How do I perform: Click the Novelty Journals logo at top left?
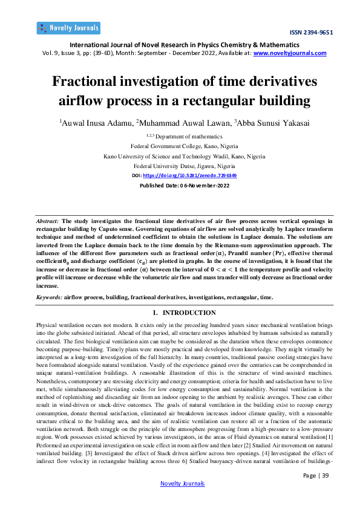(x=68, y=28)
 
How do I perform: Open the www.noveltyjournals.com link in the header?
(x=290, y=53)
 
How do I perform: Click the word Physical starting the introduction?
(x=48, y=325)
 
